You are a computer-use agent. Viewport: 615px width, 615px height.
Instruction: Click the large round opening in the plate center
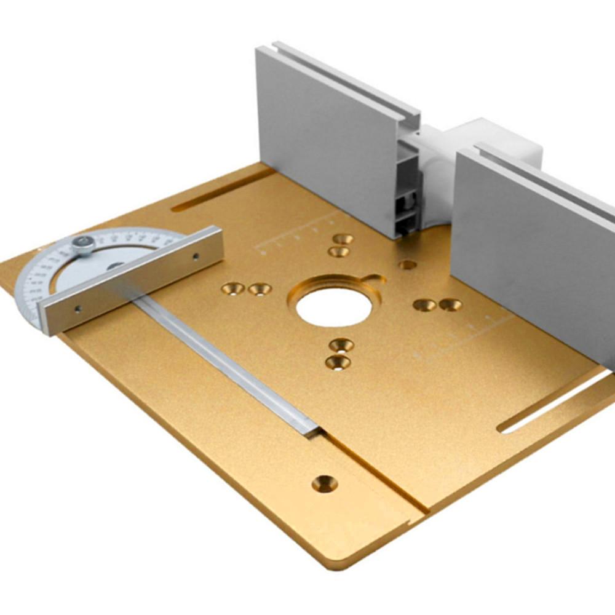pos(334,306)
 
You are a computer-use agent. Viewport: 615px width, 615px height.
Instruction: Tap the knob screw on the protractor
pos(84,245)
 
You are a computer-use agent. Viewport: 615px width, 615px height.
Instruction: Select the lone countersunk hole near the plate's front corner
pos(324,483)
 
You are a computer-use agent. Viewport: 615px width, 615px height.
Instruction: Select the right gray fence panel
pos(535,246)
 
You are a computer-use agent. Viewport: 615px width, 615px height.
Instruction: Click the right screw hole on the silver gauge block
pos(196,256)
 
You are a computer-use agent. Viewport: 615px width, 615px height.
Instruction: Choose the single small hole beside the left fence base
pos(407,264)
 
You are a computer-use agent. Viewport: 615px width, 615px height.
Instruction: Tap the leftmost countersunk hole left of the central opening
pos(233,288)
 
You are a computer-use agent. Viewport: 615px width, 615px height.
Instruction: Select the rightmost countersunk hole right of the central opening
pos(450,304)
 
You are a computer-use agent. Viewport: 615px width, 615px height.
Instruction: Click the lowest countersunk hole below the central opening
pos(338,362)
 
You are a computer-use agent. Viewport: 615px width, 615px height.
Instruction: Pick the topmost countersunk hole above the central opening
pos(343,239)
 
